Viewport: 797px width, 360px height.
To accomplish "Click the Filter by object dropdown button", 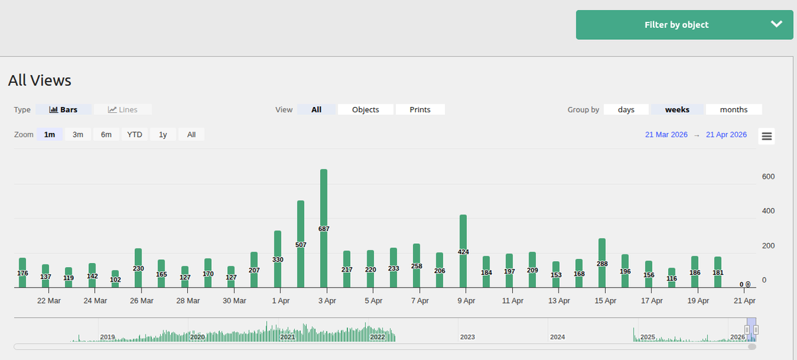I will pyautogui.click(x=684, y=25).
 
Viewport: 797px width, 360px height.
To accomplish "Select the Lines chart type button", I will pyautogui.click(x=123, y=110).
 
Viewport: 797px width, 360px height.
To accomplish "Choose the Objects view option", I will pyautogui.click(x=365, y=110).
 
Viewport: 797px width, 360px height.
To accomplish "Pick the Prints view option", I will pyautogui.click(x=420, y=110).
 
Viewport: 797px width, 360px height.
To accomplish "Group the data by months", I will pyautogui.click(x=733, y=110).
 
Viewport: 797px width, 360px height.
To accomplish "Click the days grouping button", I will pyautogui.click(x=626, y=110).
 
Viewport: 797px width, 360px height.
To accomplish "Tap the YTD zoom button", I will pyautogui.click(x=135, y=134).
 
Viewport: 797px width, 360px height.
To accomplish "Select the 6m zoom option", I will pyautogui.click(x=106, y=134).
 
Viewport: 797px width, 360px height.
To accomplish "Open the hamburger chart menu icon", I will pyautogui.click(x=766, y=136).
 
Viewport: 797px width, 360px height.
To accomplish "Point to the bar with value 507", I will pyautogui.click(x=301, y=244).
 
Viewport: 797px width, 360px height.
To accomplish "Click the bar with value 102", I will pyautogui.click(x=116, y=279).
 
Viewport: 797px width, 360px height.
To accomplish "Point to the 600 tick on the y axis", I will pyautogui.click(x=768, y=177).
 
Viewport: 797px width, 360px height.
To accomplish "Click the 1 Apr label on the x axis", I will pyautogui.click(x=280, y=301).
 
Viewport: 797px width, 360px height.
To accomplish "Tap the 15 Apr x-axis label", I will pyautogui.click(x=605, y=301).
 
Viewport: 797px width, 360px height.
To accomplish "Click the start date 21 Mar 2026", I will pyautogui.click(x=666, y=135).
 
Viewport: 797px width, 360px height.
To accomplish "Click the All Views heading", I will pyautogui.click(x=40, y=80).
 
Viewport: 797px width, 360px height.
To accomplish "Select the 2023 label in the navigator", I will pyautogui.click(x=468, y=337).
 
